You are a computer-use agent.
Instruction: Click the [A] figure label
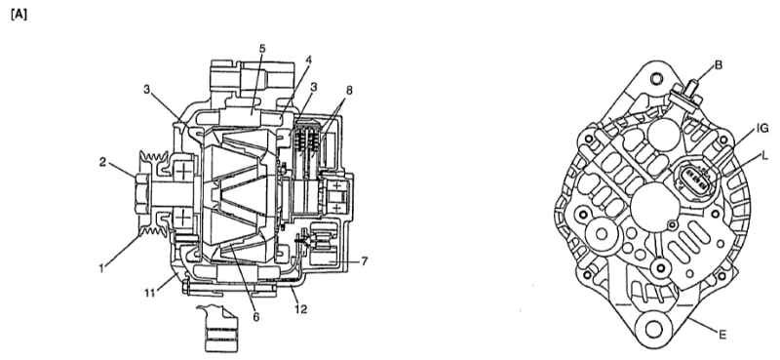19,16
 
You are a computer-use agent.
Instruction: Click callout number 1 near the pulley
102,268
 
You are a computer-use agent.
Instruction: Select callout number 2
102,162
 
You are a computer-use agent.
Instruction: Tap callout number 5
262,49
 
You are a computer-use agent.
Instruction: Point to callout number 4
308,60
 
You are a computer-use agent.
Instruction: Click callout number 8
349,90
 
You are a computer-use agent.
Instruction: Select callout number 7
364,260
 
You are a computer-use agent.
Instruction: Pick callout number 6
256,317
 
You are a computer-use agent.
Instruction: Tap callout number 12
301,309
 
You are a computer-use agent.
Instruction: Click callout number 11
150,293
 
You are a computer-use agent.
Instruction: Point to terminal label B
719,64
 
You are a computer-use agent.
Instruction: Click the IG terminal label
762,129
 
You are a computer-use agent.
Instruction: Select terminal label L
764,156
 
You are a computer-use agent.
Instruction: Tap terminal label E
722,335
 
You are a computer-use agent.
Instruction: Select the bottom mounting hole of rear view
654,329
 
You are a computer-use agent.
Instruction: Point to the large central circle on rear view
653,208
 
